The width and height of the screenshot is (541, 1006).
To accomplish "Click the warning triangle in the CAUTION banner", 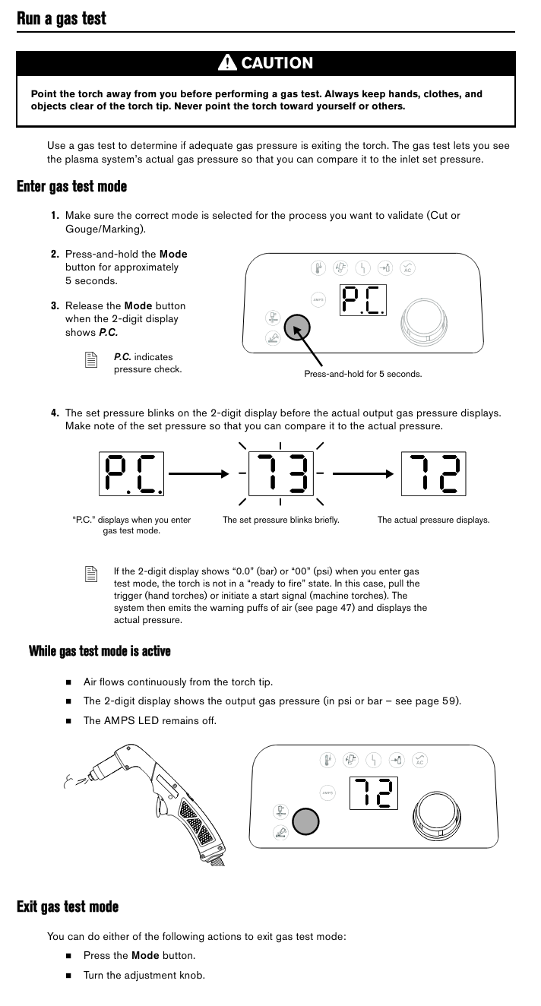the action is point(227,62).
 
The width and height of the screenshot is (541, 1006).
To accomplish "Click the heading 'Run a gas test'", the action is point(62,18).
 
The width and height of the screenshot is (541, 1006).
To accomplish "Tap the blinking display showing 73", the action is point(281,473).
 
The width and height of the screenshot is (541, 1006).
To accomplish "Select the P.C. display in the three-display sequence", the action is point(131,474).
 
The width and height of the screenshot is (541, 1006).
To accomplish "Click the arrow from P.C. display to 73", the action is point(199,473).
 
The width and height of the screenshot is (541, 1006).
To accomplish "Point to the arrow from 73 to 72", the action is point(362,473).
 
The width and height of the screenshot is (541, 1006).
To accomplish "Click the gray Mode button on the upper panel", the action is point(297,327).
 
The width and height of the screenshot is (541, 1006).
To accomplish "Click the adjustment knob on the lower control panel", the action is point(436,815).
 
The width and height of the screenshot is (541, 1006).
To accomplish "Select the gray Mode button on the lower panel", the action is point(305,822).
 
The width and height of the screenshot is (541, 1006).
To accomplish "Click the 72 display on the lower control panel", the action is point(374,793).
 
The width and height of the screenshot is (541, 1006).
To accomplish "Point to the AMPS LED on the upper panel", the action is point(318,299).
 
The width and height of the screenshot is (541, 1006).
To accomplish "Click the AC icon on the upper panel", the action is point(408,268).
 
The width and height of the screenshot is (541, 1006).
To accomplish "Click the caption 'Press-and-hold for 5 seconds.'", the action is point(362,374).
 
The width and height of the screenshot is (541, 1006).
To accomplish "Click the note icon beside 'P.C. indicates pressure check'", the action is point(91,359).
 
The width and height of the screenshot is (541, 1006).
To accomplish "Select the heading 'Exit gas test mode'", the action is point(68,906).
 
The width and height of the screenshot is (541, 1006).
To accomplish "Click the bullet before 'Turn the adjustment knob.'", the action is point(68,976).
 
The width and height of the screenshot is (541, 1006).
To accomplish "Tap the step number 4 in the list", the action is point(55,413).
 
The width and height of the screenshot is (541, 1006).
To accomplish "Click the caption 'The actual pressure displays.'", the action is point(433,520).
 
